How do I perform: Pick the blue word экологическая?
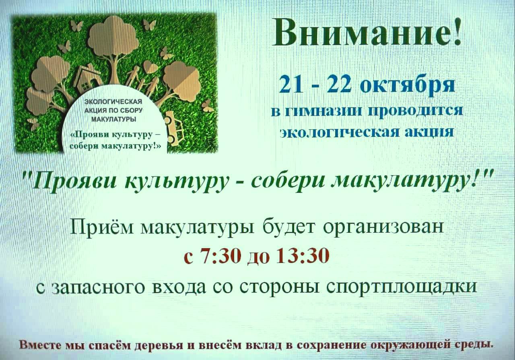(x=338, y=133)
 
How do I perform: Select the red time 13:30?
(x=303, y=256)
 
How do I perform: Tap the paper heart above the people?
(x=150, y=67)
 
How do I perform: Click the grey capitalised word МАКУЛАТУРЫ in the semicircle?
(x=113, y=120)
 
